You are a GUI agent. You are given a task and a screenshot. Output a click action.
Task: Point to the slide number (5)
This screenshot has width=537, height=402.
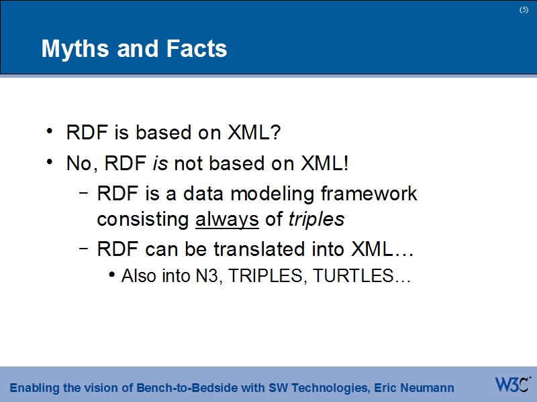[524, 9]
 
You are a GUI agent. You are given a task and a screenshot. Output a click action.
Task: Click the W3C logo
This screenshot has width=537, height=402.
[512, 385]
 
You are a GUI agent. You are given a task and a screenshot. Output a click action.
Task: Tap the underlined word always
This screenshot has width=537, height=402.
[227, 219]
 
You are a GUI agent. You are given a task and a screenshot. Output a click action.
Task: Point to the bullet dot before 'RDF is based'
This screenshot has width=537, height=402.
[51, 132]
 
